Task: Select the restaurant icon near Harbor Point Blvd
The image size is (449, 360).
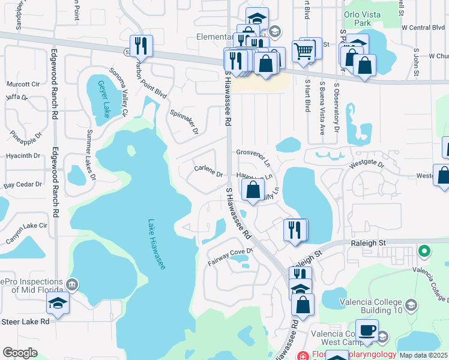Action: [141, 47]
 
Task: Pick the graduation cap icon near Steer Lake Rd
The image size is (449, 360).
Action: [58, 304]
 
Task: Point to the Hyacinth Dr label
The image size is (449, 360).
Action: [21, 155]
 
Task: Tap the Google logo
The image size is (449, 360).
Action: [20, 353]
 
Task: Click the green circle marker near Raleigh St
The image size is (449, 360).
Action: [424, 250]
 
